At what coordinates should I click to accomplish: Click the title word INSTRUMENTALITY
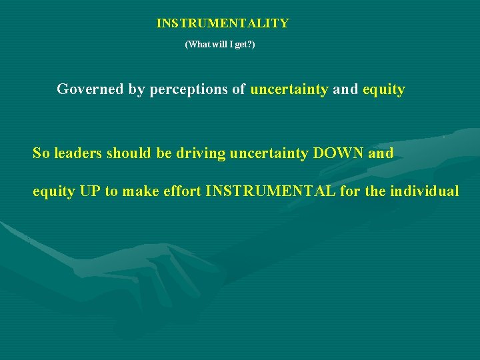tap(223, 23)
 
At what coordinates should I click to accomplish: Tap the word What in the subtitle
tap(197, 45)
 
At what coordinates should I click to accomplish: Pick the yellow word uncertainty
tap(289, 89)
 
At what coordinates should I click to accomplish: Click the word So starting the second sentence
tap(41, 153)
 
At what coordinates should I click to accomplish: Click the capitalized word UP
tap(90, 192)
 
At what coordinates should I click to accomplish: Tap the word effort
tap(184, 192)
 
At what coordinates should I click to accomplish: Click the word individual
tap(424, 192)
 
